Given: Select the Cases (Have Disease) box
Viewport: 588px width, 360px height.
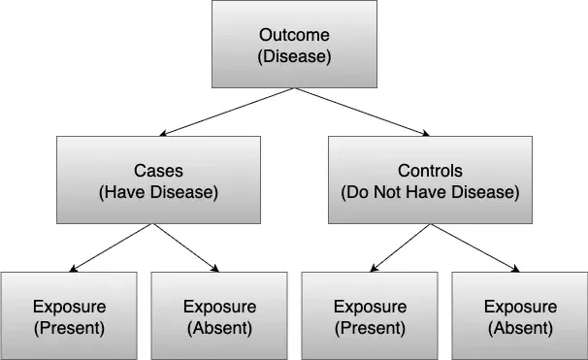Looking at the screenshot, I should [x=158, y=180].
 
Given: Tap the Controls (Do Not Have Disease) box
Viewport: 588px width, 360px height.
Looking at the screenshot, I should [x=430, y=180].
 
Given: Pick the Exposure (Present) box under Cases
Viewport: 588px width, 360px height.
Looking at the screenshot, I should [x=69, y=315].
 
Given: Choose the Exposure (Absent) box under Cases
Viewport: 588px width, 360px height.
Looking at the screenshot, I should [x=218, y=315].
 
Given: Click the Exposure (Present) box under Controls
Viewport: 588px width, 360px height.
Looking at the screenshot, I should [x=370, y=315].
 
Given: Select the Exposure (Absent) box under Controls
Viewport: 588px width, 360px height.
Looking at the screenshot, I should [x=519, y=315].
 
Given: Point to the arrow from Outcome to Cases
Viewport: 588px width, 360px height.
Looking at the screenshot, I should [x=225, y=113].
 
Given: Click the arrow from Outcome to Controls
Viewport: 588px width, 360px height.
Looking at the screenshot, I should [x=361, y=113].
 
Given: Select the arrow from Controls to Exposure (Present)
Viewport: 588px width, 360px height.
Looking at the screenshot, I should [x=398, y=247].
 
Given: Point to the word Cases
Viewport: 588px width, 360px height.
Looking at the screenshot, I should [x=158, y=170].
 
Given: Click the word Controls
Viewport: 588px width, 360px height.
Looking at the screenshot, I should [x=430, y=170].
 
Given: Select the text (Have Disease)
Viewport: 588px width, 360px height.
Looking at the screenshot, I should [x=158, y=191].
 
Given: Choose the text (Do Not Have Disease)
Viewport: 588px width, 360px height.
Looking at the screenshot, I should [x=430, y=191].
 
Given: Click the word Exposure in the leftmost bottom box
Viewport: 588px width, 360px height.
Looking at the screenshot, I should [x=69, y=307].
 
